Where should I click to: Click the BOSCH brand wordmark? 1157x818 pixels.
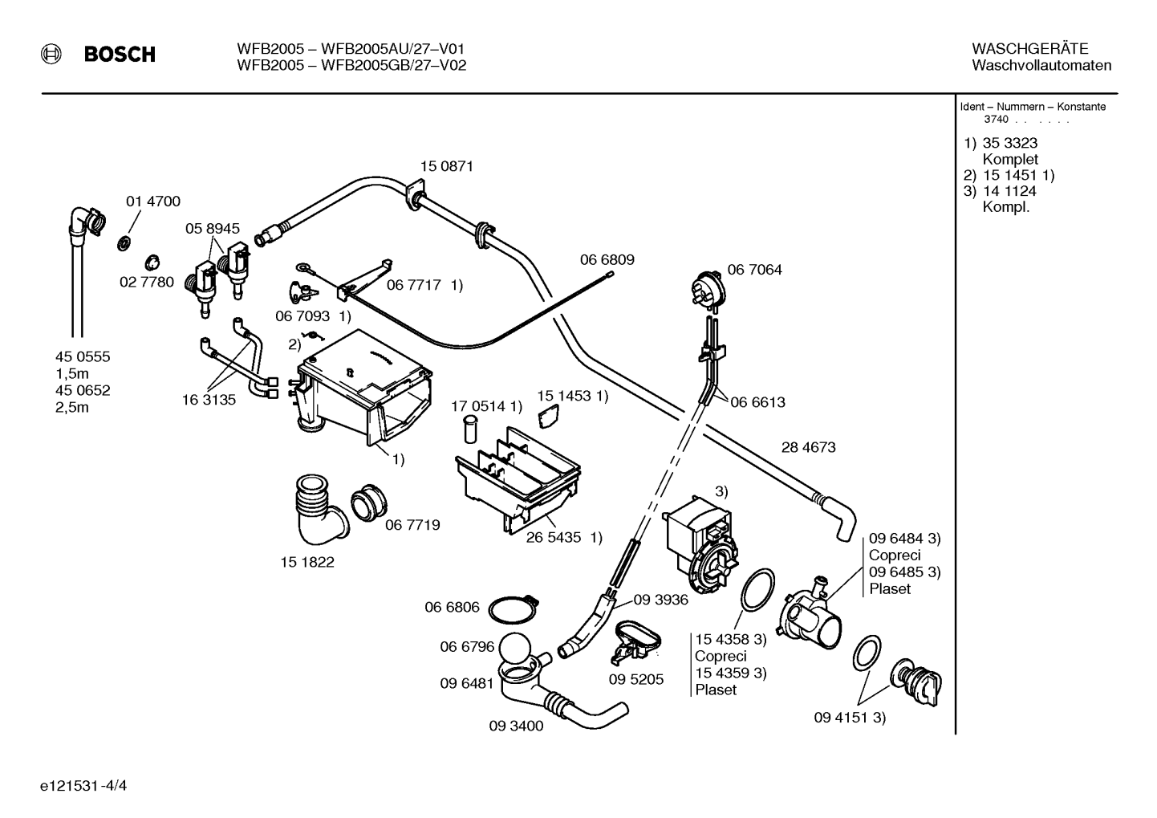[x=120, y=55]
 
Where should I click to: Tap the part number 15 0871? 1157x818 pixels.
[x=446, y=166]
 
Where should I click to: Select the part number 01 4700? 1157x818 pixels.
[x=153, y=201]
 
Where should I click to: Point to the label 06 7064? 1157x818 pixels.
[x=754, y=270]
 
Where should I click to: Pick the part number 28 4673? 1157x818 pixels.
[x=808, y=447]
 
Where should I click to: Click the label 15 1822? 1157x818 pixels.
[x=307, y=562]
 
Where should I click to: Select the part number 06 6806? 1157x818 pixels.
[x=452, y=607]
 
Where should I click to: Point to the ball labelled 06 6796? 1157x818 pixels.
[x=516, y=649]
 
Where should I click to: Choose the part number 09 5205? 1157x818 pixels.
[x=635, y=679]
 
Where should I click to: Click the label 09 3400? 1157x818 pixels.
[x=516, y=726]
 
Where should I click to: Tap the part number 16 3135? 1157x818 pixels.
[x=209, y=400]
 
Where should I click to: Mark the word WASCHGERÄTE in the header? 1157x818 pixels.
[x=1030, y=49]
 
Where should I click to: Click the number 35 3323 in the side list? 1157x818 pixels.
[x=1010, y=143]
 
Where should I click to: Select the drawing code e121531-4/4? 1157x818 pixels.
[x=83, y=786]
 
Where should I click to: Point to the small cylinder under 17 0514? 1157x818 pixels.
[x=470, y=429]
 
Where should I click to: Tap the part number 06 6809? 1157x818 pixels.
[x=607, y=260]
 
